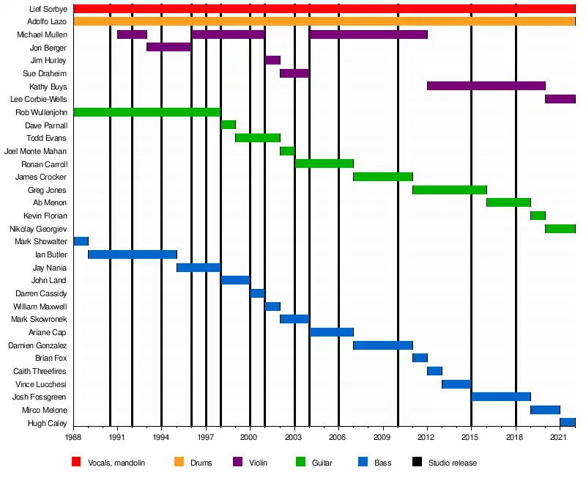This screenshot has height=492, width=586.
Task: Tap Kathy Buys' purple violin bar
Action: click(x=486, y=86)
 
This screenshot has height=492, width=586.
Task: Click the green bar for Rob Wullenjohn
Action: click(x=146, y=111)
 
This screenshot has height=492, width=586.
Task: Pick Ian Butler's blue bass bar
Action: click(x=132, y=254)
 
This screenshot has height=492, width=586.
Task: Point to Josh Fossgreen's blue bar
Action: click(x=501, y=397)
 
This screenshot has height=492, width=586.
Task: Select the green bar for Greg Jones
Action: click(x=449, y=190)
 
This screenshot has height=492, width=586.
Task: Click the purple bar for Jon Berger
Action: click(x=168, y=47)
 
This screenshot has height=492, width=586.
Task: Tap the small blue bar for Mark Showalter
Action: click(x=81, y=241)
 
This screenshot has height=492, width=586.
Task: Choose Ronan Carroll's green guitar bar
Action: click(x=324, y=164)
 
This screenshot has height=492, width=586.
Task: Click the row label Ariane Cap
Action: click(x=49, y=332)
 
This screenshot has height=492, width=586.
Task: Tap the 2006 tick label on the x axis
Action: click(x=338, y=438)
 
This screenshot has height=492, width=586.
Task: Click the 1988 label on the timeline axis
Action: click(x=73, y=438)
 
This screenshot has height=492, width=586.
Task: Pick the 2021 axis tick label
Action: click(x=560, y=438)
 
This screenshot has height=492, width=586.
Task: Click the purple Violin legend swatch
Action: click(x=237, y=463)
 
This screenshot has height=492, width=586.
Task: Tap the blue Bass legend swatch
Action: click(x=362, y=463)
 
